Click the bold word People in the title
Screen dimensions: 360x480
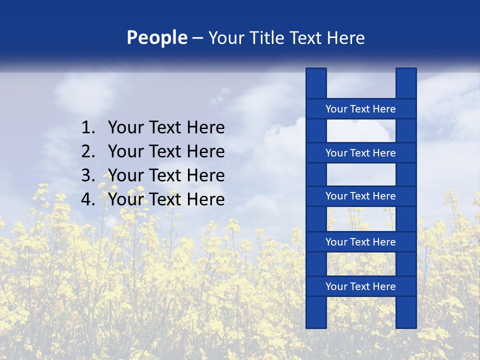point(157,38)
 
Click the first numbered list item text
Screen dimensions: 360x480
point(166,128)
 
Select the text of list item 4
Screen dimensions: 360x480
point(166,199)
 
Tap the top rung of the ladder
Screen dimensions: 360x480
point(360,109)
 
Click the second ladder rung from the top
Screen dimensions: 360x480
point(360,153)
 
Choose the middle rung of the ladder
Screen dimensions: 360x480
point(360,196)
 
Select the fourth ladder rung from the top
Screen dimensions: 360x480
point(360,242)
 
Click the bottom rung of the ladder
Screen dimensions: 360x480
point(360,286)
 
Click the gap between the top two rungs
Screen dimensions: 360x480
point(361,131)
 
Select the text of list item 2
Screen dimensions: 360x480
point(166,151)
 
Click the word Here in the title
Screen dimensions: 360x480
point(345,38)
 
